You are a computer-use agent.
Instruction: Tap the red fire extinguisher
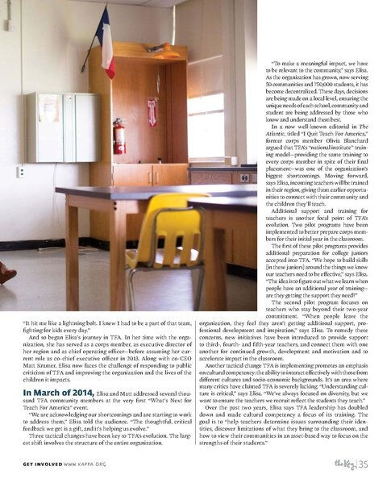119,135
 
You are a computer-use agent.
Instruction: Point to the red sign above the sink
152,111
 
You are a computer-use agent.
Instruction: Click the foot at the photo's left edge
6,274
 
